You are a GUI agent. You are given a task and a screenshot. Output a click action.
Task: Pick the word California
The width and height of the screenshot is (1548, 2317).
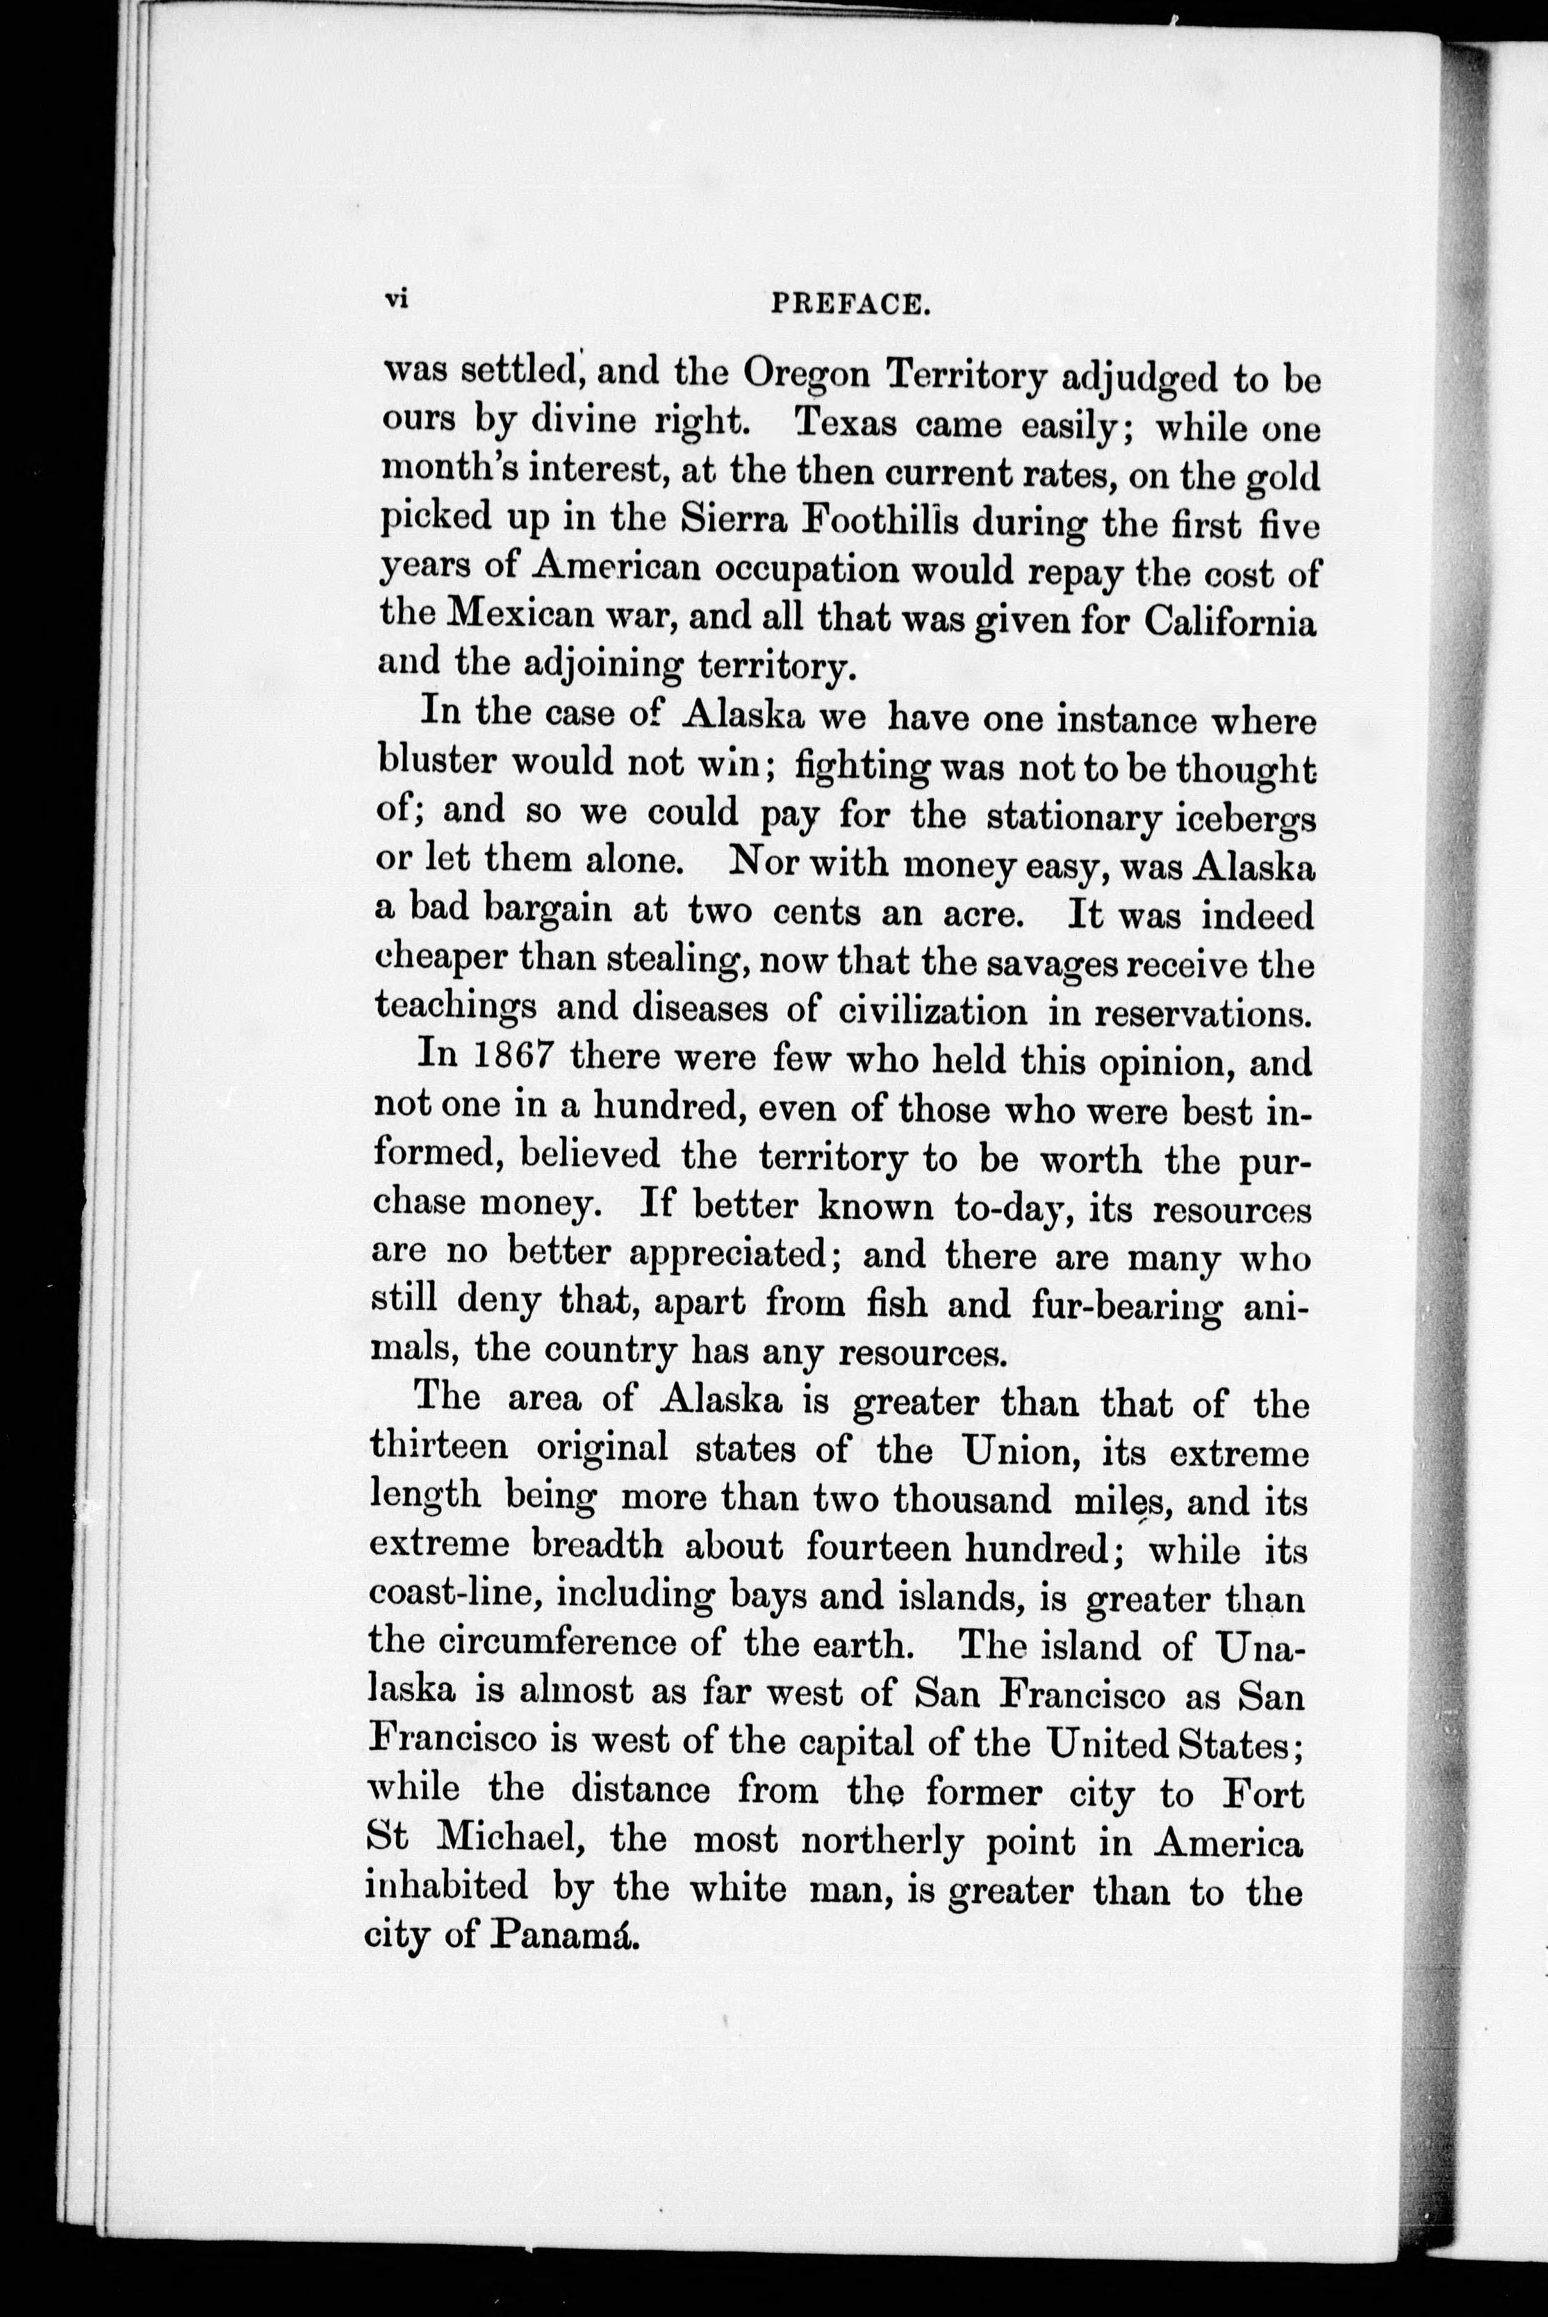pyautogui.click(x=1230, y=622)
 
